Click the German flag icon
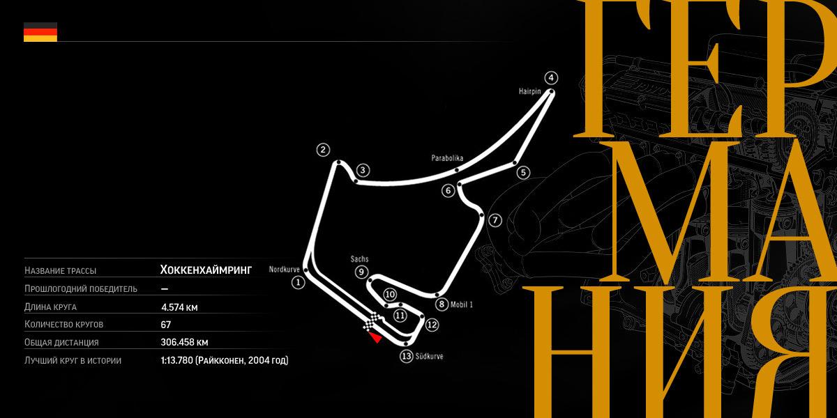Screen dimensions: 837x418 (x=40, y=32)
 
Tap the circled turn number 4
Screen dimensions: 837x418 (x=551, y=78)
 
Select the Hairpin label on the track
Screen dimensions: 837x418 (x=530, y=91)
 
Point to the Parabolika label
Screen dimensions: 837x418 (x=447, y=158)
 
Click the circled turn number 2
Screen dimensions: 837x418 (x=323, y=150)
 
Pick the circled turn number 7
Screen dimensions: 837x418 (x=495, y=220)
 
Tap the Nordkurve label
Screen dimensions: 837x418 (x=285, y=269)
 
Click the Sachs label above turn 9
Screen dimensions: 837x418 (x=359, y=258)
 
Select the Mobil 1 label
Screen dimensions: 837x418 (x=462, y=304)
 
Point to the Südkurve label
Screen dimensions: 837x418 (x=430, y=357)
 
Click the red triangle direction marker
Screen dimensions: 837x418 (x=375, y=338)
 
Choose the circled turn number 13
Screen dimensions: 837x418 (x=407, y=356)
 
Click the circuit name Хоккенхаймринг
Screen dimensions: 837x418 (x=206, y=270)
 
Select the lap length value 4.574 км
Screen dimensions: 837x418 (x=179, y=307)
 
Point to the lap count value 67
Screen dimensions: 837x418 (x=165, y=325)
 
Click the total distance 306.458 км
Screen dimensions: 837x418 (x=184, y=342)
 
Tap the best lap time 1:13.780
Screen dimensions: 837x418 (x=176, y=360)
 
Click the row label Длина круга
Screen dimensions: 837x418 (x=50, y=307)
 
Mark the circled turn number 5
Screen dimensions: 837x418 (x=523, y=173)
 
